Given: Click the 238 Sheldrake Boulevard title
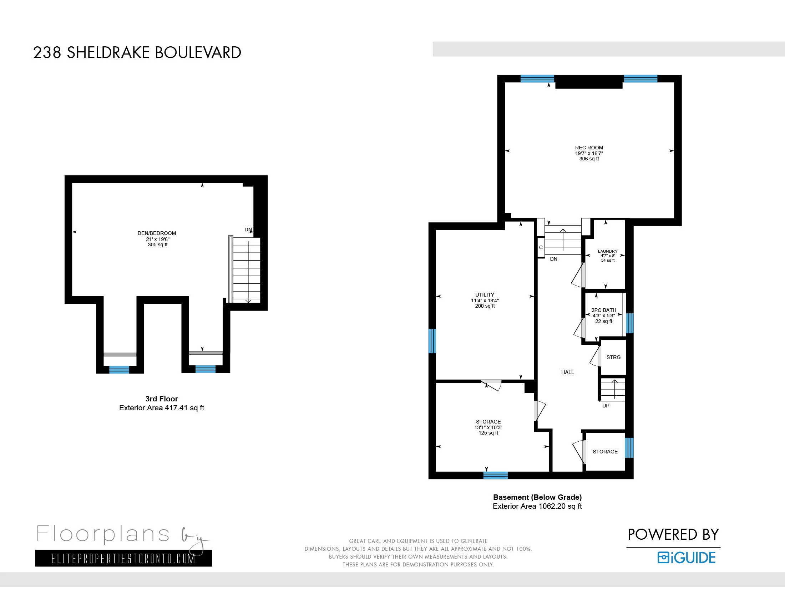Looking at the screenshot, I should point(137,53).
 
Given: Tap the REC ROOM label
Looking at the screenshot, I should point(589,148).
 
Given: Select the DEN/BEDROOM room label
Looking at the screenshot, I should point(157,233).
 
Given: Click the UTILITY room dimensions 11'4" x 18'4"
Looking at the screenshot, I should point(485,301).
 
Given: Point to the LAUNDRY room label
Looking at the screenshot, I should point(607,251).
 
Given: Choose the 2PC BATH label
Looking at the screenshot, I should point(603,310).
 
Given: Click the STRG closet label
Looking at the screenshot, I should point(613,357).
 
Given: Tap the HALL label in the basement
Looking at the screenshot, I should point(568,372).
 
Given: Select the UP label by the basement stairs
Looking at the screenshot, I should point(606,406).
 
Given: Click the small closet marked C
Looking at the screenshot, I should point(541,247).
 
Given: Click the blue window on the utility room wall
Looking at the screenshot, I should point(432,341).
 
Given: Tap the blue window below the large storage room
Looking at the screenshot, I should point(495,476).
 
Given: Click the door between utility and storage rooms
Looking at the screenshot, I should point(492,384).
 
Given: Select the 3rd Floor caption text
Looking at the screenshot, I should point(161,399).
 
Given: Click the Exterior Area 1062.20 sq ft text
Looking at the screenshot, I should point(537,506).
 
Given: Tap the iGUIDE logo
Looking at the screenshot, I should point(686,558).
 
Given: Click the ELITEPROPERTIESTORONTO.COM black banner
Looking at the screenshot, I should point(123,559).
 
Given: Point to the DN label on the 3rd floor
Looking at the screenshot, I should point(248,230).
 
